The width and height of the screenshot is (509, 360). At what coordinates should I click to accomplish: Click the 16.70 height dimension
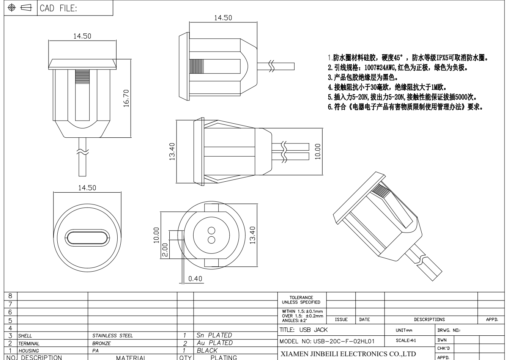pyautogui.click(x=126, y=98)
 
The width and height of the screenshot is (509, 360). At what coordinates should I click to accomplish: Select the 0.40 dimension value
pyautogui.click(x=195, y=279)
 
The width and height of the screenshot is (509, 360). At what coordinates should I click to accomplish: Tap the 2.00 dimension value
pyautogui.click(x=165, y=250)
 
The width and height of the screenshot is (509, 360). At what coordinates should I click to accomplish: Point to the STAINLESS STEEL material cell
pyautogui.click(x=112, y=336)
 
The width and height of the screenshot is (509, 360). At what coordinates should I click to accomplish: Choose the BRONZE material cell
pyautogui.click(x=101, y=343)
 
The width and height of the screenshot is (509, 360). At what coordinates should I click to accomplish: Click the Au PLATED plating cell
pyautogui.click(x=214, y=343)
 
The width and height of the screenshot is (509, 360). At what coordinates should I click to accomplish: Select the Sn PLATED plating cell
pyautogui.click(x=214, y=335)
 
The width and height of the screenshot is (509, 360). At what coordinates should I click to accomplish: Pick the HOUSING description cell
pyautogui.click(x=29, y=351)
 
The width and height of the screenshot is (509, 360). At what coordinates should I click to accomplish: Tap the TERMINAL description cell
pyautogui.click(x=29, y=343)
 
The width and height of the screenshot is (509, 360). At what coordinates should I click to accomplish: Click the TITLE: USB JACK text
pyautogui.click(x=303, y=330)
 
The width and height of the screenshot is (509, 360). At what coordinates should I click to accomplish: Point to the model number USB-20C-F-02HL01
pyautogui.click(x=327, y=341)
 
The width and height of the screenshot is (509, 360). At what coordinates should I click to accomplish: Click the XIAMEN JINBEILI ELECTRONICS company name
pyautogui.click(x=348, y=354)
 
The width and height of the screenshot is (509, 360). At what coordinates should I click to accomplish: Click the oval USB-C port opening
pyautogui.click(x=88, y=237)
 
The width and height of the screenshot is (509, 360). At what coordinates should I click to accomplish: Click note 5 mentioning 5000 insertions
pyautogui.click(x=402, y=97)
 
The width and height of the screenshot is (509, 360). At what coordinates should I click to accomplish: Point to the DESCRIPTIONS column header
pyautogui.click(x=429, y=320)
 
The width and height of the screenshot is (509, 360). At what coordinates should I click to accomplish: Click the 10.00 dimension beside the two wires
pyautogui.click(x=318, y=151)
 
